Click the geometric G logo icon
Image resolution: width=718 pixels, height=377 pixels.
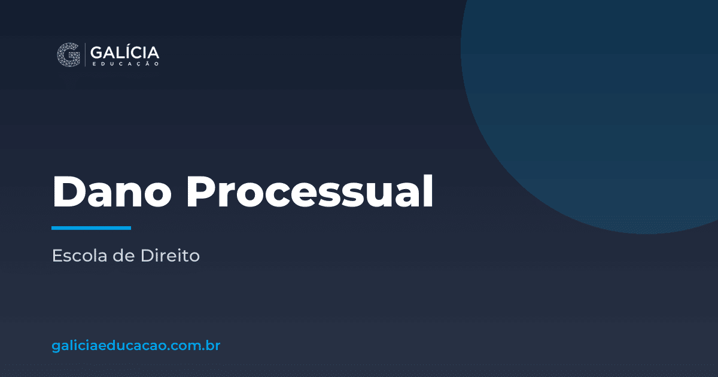pyautogui.click(x=69, y=54)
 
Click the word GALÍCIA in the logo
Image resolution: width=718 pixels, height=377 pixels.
pyautogui.click(x=124, y=52)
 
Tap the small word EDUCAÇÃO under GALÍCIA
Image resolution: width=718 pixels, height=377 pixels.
pyautogui.click(x=126, y=64)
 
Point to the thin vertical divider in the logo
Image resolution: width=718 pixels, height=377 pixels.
pyautogui.click(x=85, y=54)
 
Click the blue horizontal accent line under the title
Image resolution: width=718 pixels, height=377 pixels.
pyautogui.click(x=92, y=228)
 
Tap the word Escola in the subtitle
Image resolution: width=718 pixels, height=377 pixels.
pyautogui.click(x=80, y=256)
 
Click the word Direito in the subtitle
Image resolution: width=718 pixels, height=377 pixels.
pyautogui.click(x=170, y=256)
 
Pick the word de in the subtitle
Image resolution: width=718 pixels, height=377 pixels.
pyautogui.click(x=124, y=256)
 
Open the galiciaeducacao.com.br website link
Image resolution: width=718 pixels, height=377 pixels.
pyautogui.click(x=136, y=346)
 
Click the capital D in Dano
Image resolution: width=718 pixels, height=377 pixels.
pyautogui.click(x=69, y=191)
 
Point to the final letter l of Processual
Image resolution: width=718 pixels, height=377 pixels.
pyautogui.click(x=429, y=191)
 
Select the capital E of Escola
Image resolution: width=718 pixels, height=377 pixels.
pyautogui.click(x=56, y=256)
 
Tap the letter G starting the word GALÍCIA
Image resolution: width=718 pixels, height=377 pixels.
pyautogui.click(x=96, y=53)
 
